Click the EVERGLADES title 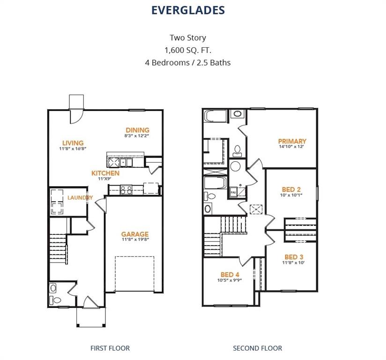[x=188, y=10]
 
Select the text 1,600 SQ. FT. [x=187, y=50]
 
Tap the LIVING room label [x=73, y=143]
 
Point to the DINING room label [x=137, y=130]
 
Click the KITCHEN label [x=105, y=173]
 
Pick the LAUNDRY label [x=80, y=198]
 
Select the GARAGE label [x=135, y=234]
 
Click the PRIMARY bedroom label [x=292, y=141]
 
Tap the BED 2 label [x=291, y=189]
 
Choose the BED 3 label [x=294, y=257]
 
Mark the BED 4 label [x=230, y=275]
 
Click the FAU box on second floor [x=233, y=192]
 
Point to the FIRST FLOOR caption [x=110, y=348]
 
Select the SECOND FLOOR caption [x=258, y=348]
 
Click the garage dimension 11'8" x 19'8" [x=135, y=240]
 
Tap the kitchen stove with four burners [x=126, y=189]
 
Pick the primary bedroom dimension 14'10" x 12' [x=292, y=146]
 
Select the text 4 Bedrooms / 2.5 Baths [x=187, y=62]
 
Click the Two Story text [x=187, y=37]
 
